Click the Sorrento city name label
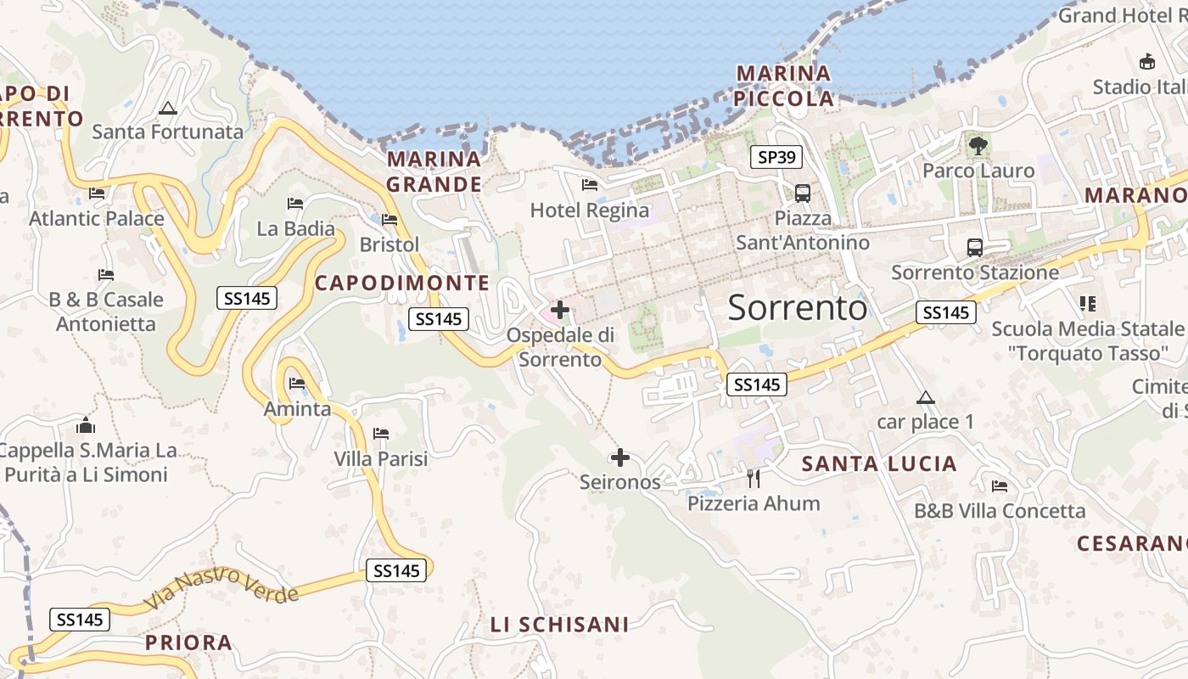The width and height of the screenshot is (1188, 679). point(798,307)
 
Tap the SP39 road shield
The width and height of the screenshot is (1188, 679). point(776,157)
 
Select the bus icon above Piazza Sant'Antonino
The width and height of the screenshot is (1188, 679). point(802,193)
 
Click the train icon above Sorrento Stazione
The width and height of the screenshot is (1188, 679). point(974,248)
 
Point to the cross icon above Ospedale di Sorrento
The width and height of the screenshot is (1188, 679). point(560,310)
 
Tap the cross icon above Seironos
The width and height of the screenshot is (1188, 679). point(620,457)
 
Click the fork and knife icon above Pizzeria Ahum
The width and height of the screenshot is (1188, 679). point(753,478)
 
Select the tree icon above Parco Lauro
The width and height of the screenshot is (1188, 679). point(978,146)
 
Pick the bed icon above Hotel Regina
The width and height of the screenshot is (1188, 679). point(590,184)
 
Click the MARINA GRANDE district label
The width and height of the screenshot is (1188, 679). point(434,171)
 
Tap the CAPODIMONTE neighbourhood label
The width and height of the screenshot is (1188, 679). point(402,283)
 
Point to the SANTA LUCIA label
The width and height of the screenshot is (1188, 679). point(879,464)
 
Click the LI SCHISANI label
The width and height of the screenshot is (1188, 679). point(560,625)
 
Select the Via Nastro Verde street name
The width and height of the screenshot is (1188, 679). point(222,588)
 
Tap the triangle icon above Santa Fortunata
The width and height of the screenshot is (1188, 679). point(168,108)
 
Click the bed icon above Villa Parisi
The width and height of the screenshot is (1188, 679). point(381,434)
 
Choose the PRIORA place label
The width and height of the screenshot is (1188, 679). point(188,643)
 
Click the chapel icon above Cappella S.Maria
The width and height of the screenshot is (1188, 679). point(86,425)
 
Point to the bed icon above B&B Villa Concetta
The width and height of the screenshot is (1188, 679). point(1000,486)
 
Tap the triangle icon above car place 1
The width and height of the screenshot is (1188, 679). point(925,397)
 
